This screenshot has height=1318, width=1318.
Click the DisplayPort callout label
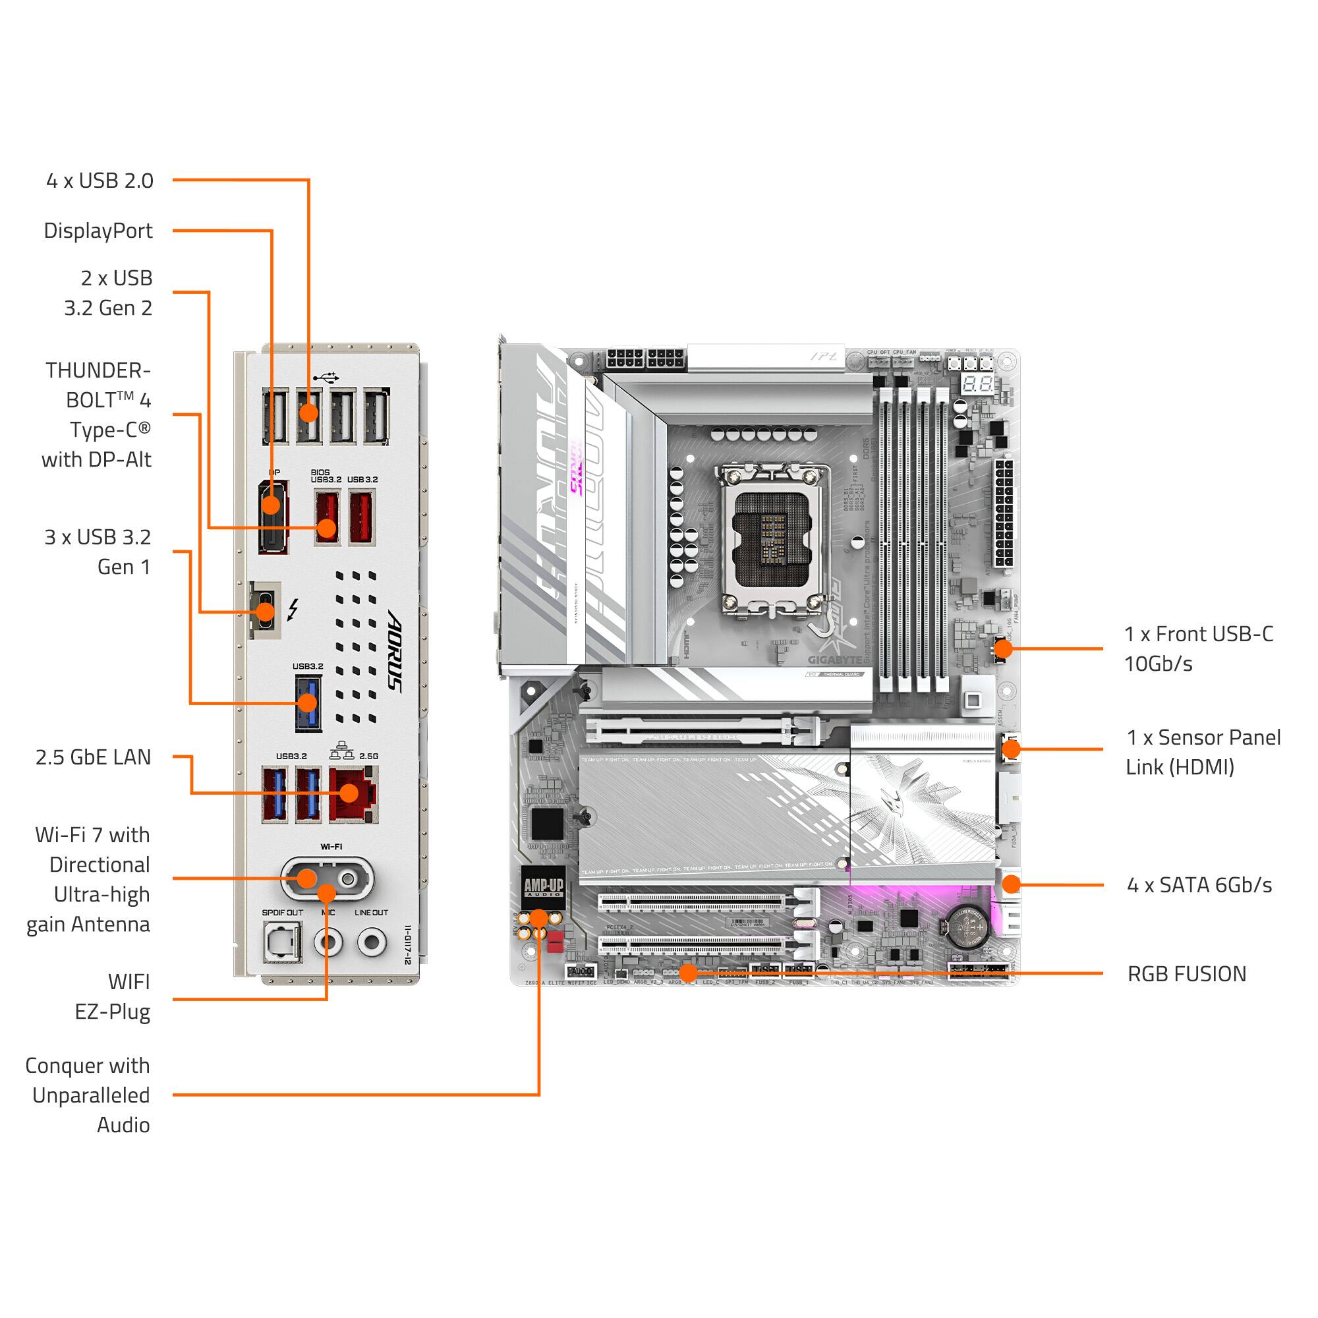click(x=98, y=231)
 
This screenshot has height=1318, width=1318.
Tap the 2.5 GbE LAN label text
click(x=93, y=757)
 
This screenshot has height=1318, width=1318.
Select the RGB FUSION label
click(x=1186, y=973)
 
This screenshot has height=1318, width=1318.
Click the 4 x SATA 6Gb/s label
click(x=1199, y=885)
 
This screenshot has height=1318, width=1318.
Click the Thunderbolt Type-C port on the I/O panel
click(x=265, y=611)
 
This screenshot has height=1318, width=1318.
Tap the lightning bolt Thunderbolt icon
click(x=293, y=609)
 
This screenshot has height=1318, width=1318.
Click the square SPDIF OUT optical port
click(x=282, y=943)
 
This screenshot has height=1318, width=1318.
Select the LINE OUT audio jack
click(x=372, y=942)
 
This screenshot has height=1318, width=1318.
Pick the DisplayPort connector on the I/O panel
click(x=272, y=517)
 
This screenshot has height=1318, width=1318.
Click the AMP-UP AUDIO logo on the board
click(x=543, y=887)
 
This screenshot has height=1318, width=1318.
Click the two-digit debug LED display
click(x=977, y=384)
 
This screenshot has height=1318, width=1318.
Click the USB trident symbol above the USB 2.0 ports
click(x=326, y=376)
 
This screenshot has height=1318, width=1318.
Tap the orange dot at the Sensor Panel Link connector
click(x=1011, y=749)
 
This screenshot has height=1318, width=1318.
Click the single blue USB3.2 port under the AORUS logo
click(x=308, y=703)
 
